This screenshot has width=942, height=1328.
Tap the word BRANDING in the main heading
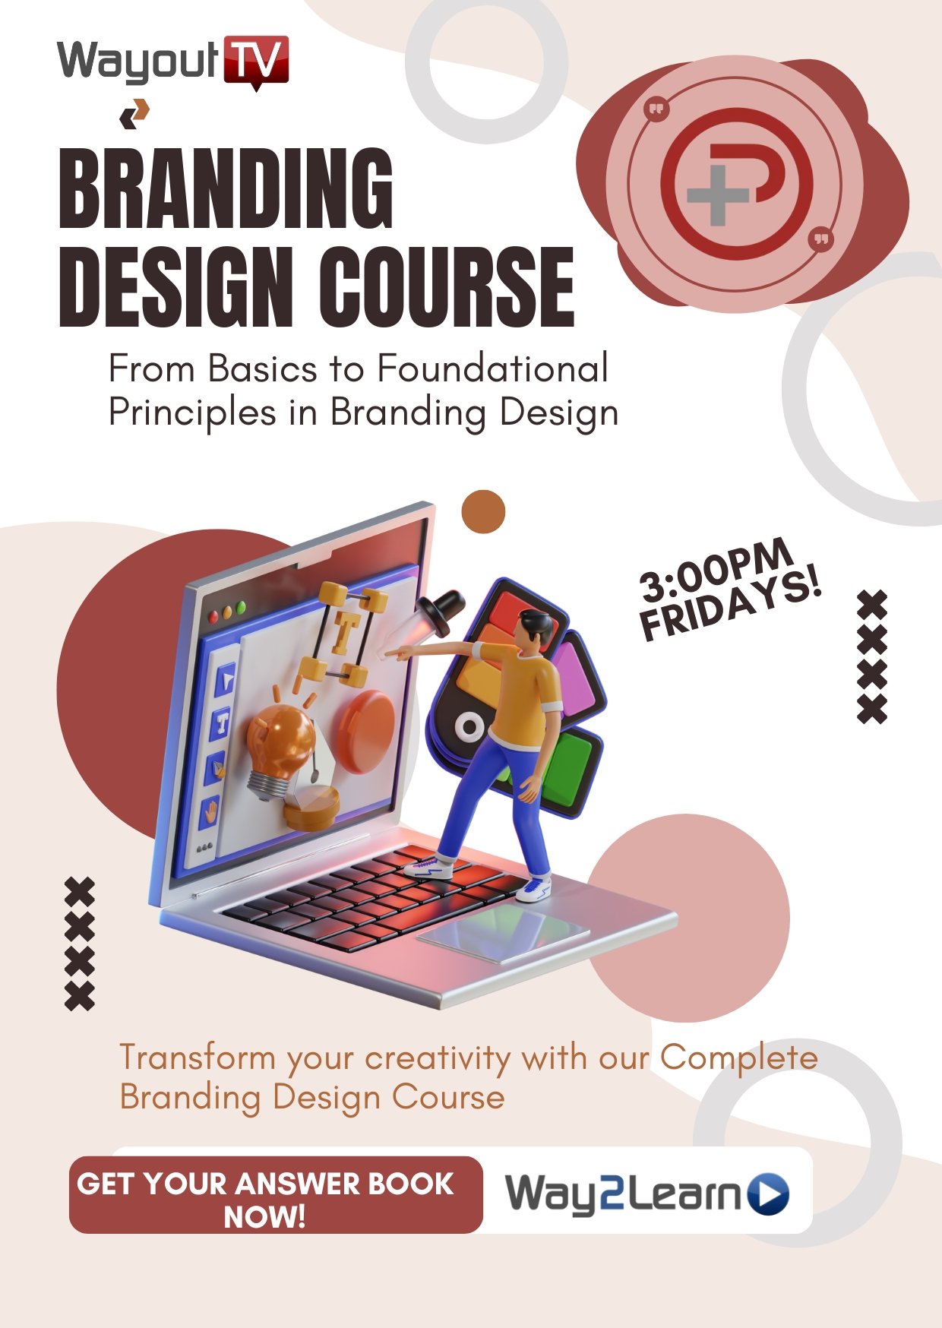(x=226, y=188)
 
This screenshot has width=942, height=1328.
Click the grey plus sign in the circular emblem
(x=718, y=194)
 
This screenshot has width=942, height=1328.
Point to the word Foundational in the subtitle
(x=492, y=369)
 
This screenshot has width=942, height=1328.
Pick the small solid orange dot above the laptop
(x=483, y=512)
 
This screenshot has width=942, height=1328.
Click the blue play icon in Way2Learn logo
(x=769, y=1194)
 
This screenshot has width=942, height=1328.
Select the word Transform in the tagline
(x=198, y=1058)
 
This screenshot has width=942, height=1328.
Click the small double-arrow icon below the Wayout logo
(x=134, y=114)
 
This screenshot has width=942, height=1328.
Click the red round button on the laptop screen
(x=365, y=731)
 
